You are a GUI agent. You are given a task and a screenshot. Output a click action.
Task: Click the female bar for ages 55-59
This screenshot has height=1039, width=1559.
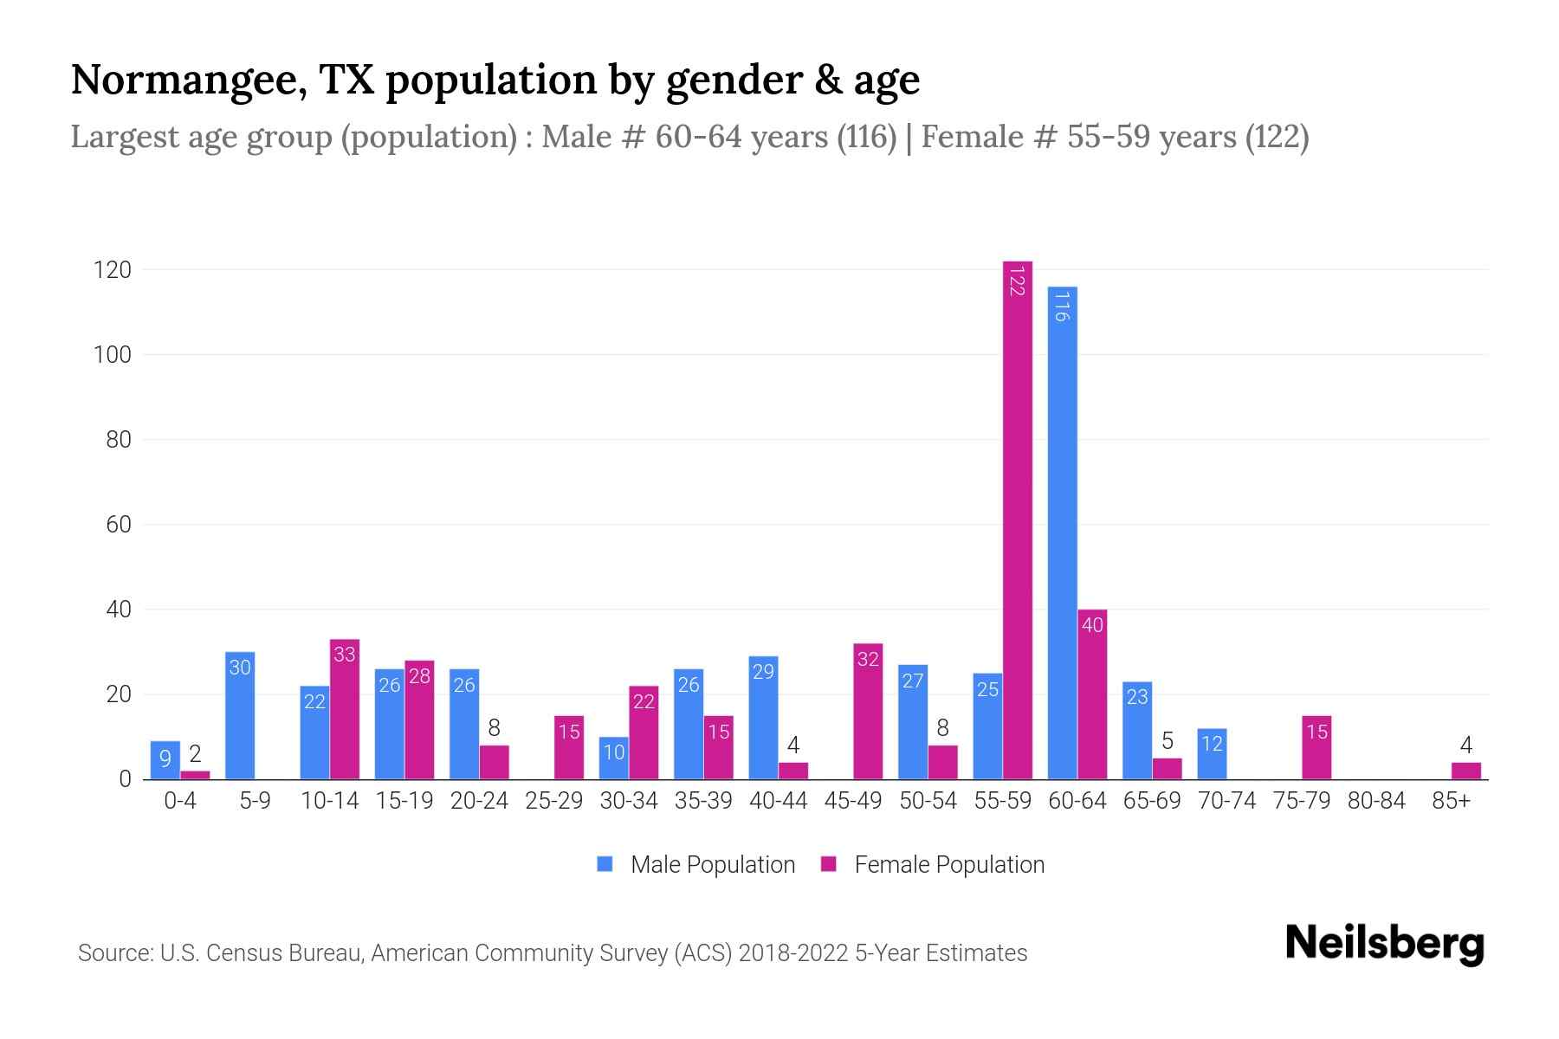1018,519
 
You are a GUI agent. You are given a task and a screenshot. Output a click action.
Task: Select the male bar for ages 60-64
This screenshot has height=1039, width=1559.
1062,532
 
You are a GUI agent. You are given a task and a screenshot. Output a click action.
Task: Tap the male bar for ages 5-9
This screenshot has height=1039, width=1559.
240,715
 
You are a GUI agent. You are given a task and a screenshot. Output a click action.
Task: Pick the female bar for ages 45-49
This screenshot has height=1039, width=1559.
868,711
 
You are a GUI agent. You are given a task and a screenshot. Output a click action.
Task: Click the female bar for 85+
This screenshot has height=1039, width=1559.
1466,771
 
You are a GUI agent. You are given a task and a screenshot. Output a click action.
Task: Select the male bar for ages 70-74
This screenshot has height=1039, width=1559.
1212,754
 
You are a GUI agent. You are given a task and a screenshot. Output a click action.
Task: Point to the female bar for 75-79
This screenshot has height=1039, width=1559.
1316,747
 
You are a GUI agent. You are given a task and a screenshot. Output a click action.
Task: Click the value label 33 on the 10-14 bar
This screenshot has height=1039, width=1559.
345,655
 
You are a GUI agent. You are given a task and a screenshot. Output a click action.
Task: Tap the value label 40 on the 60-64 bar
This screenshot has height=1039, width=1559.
1092,624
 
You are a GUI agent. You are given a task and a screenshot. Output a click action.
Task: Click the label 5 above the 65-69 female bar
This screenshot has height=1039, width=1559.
1167,741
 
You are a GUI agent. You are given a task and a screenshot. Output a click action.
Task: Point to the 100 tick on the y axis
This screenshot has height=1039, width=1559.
113,355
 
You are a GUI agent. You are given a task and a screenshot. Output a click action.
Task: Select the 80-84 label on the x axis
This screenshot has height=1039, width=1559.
1376,801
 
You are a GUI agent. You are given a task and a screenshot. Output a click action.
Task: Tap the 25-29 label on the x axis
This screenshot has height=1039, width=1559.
553,801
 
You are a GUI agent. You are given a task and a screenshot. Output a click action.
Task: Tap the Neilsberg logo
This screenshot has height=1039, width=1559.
1384,944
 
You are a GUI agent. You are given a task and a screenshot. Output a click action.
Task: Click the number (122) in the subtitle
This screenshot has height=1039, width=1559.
1277,137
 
